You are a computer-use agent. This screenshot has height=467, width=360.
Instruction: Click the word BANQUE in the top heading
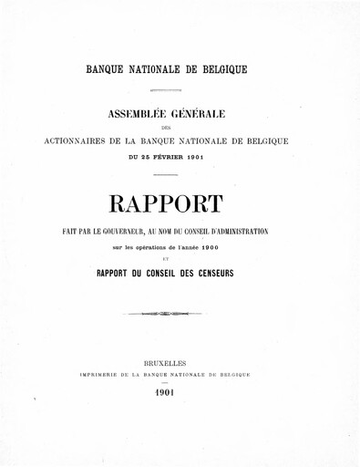(x=106, y=69)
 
